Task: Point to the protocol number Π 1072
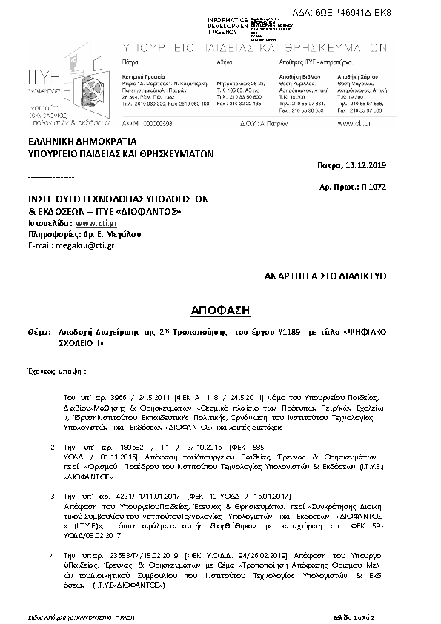pyautogui.click(x=387, y=189)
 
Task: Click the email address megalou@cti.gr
pyautogui.click(x=78, y=245)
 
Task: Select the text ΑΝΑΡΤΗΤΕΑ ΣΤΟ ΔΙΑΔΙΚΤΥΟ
pyautogui.click(x=327, y=275)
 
